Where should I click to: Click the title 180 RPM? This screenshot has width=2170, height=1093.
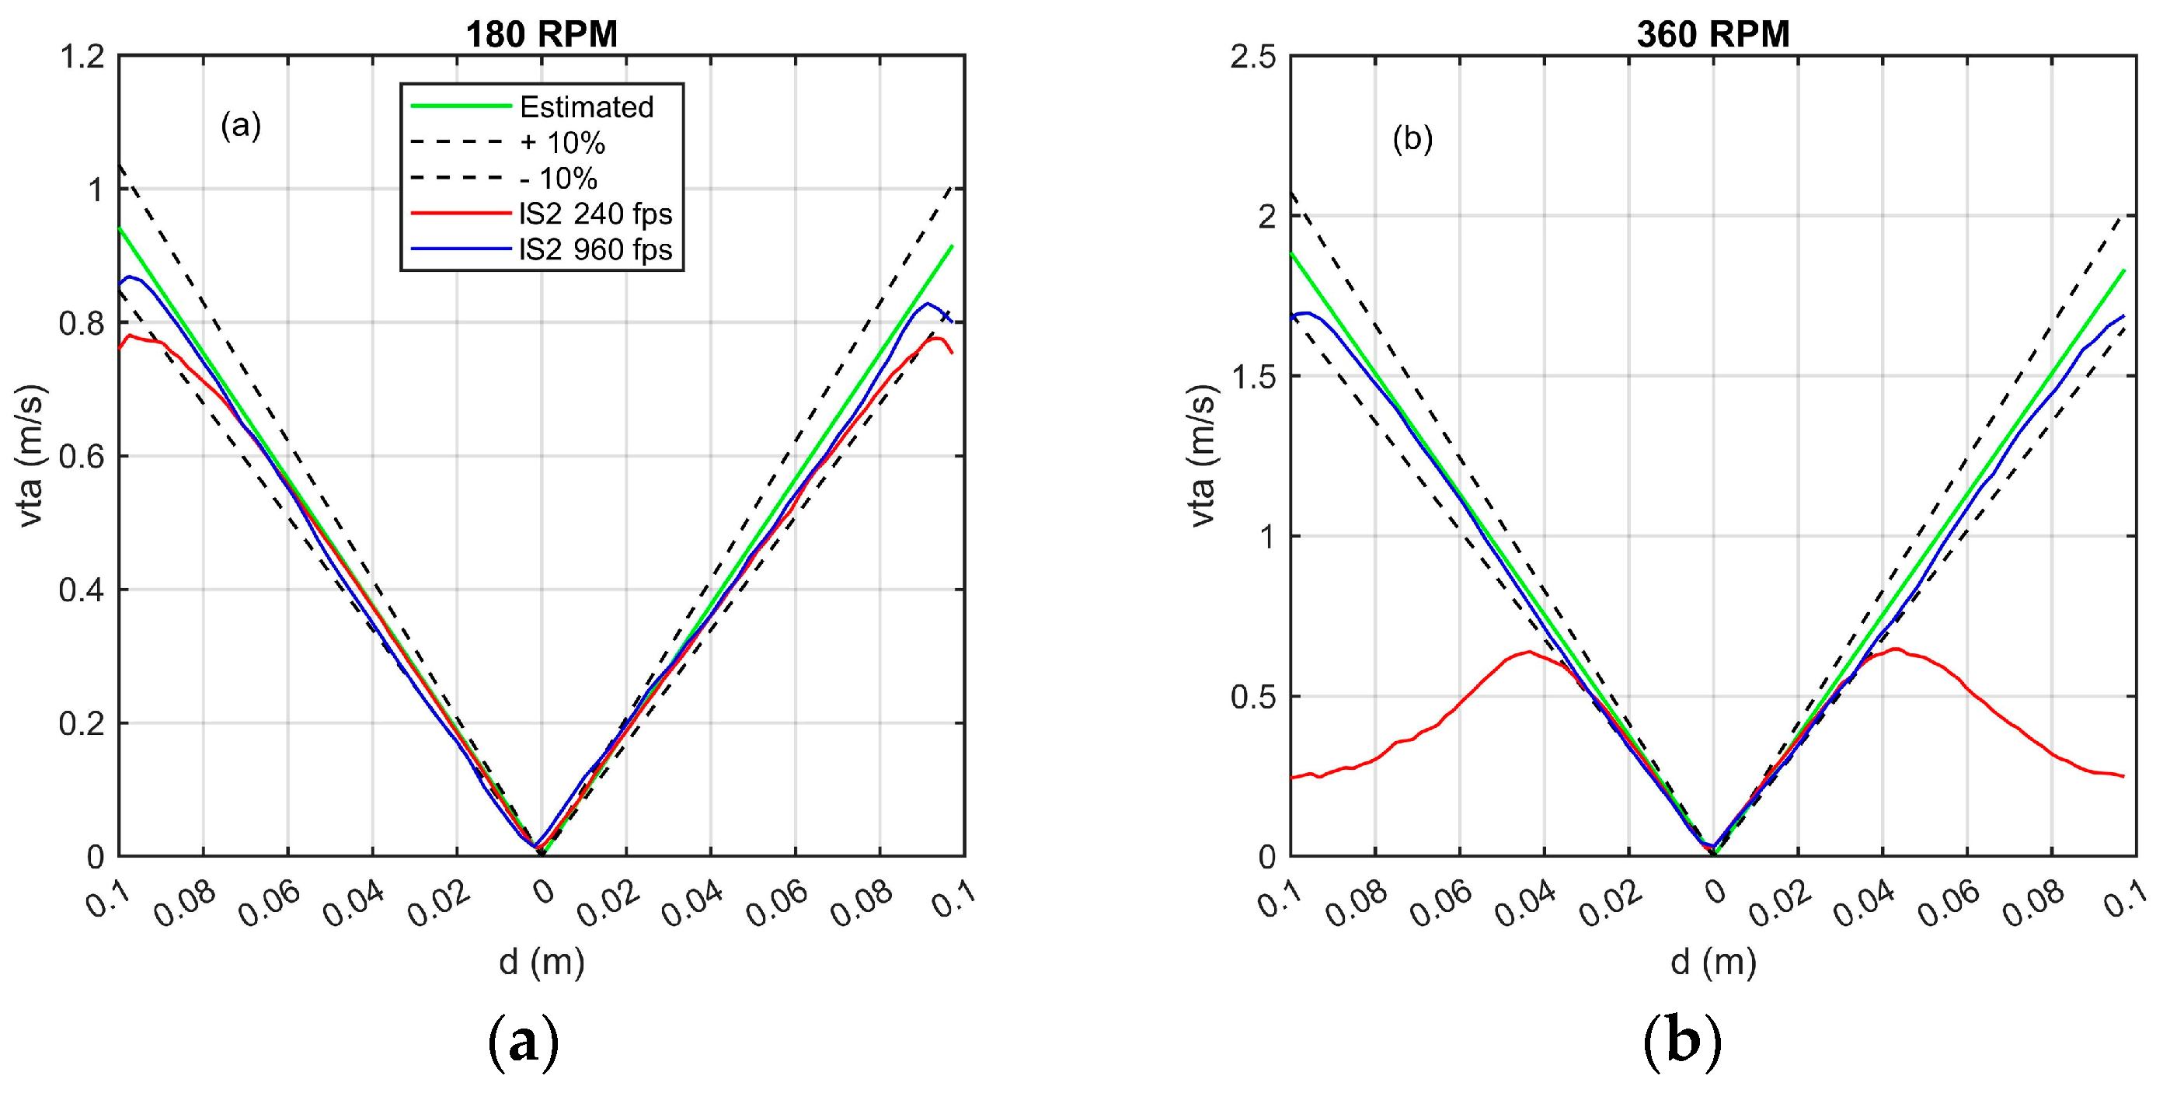(542, 34)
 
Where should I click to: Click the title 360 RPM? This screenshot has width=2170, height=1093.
(1712, 34)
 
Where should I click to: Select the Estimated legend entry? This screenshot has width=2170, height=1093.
(587, 107)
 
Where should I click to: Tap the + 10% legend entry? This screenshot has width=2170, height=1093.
(562, 143)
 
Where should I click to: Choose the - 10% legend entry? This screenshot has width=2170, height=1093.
(559, 179)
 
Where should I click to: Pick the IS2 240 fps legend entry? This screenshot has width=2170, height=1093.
(596, 214)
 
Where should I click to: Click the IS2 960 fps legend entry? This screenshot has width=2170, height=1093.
(596, 250)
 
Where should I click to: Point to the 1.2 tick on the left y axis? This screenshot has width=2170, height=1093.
(82, 57)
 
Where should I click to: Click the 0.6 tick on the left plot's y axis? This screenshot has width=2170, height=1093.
(82, 457)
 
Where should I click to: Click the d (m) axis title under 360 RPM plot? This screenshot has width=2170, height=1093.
(1713, 962)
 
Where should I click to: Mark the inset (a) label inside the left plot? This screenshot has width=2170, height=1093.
(241, 127)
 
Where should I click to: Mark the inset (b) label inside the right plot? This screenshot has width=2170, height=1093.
(1412, 140)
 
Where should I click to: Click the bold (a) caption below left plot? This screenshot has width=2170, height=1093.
(523, 1044)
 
